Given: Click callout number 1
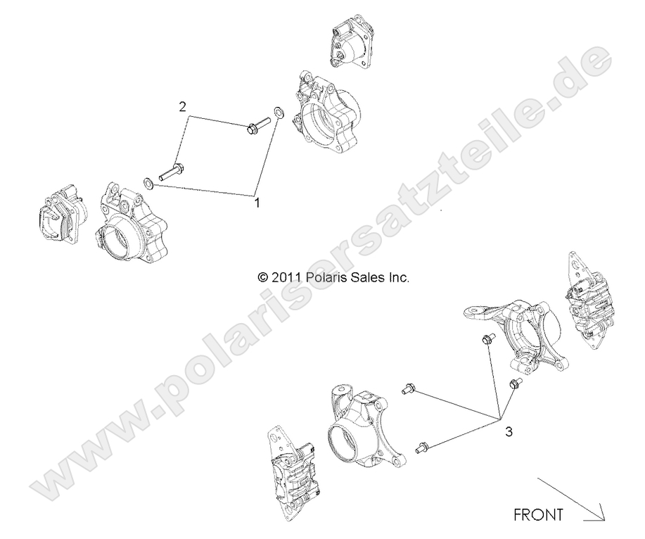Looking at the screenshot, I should coord(257,203).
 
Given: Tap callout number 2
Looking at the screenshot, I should coord(182,107).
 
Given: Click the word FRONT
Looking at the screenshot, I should coord(538,514).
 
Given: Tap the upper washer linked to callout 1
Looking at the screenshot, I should coord(279,113).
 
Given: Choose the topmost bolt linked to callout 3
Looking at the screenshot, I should coord(485,341).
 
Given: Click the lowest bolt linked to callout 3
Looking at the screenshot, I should coord(423,445).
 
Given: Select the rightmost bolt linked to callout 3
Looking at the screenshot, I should coord(513,383).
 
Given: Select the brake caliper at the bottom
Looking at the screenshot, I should coord(293,474).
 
